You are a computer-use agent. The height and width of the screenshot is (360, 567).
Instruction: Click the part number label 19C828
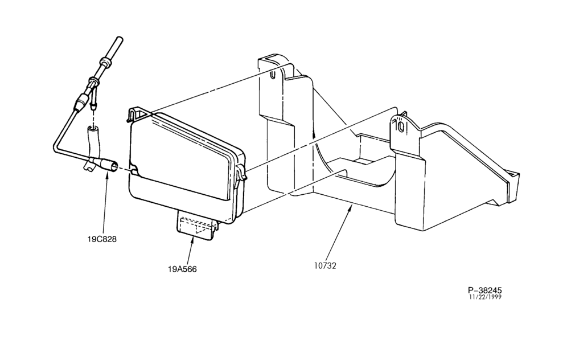(102, 239)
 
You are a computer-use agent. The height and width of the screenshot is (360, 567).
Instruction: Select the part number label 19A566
(182, 269)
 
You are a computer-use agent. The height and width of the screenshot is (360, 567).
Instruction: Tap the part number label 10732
(325, 266)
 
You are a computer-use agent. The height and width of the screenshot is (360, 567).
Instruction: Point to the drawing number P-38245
(485, 290)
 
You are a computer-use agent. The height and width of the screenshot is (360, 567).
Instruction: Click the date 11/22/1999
(485, 297)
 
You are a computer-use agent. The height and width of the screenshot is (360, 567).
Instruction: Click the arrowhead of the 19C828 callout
(107, 175)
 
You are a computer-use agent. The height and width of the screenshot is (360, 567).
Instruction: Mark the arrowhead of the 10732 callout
(350, 207)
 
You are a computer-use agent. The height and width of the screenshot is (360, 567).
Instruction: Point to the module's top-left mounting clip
(135, 114)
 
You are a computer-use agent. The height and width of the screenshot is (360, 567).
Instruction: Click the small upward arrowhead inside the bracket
(314, 134)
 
